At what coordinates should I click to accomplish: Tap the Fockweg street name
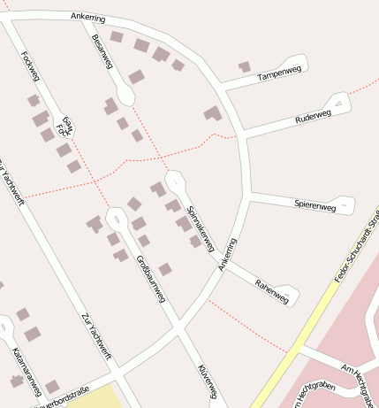click(29, 64)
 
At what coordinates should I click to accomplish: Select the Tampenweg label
click(274, 76)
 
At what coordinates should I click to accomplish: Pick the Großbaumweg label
click(151, 279)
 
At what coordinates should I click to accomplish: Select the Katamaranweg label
click(26, 371)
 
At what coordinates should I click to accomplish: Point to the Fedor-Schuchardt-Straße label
click(357, 247)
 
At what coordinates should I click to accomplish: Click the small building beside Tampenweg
click(244, 66)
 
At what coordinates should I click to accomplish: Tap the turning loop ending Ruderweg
click(343, 103)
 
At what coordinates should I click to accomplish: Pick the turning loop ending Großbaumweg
click(116, 217)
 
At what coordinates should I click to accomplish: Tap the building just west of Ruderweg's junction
click(212, 113)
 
